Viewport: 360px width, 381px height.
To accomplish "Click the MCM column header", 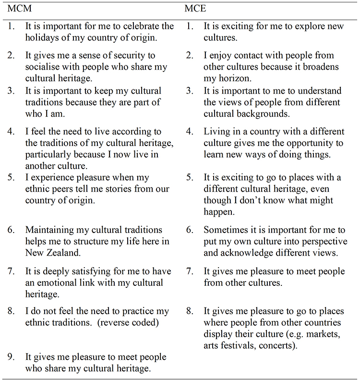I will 16,9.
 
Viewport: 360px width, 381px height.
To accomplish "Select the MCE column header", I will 195,9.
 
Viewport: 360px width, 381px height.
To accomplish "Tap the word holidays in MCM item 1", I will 43,38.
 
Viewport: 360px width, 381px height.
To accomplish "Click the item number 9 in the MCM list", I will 11,357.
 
